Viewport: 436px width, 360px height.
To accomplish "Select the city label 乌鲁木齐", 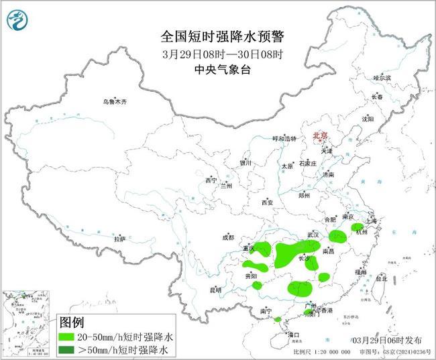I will click(x=114, y=102).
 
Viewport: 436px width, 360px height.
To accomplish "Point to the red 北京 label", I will click(x=320, y=136).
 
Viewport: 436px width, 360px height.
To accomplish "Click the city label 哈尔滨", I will click(x=382, y=78).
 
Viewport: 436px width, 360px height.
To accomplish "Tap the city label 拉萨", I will click(x=119, y=239).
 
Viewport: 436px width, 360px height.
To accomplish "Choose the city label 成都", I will click(x=228, y=237).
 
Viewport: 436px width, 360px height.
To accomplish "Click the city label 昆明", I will click(x=215, y=290).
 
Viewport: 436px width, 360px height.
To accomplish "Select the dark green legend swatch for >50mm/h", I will click(x=68, y=349).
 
